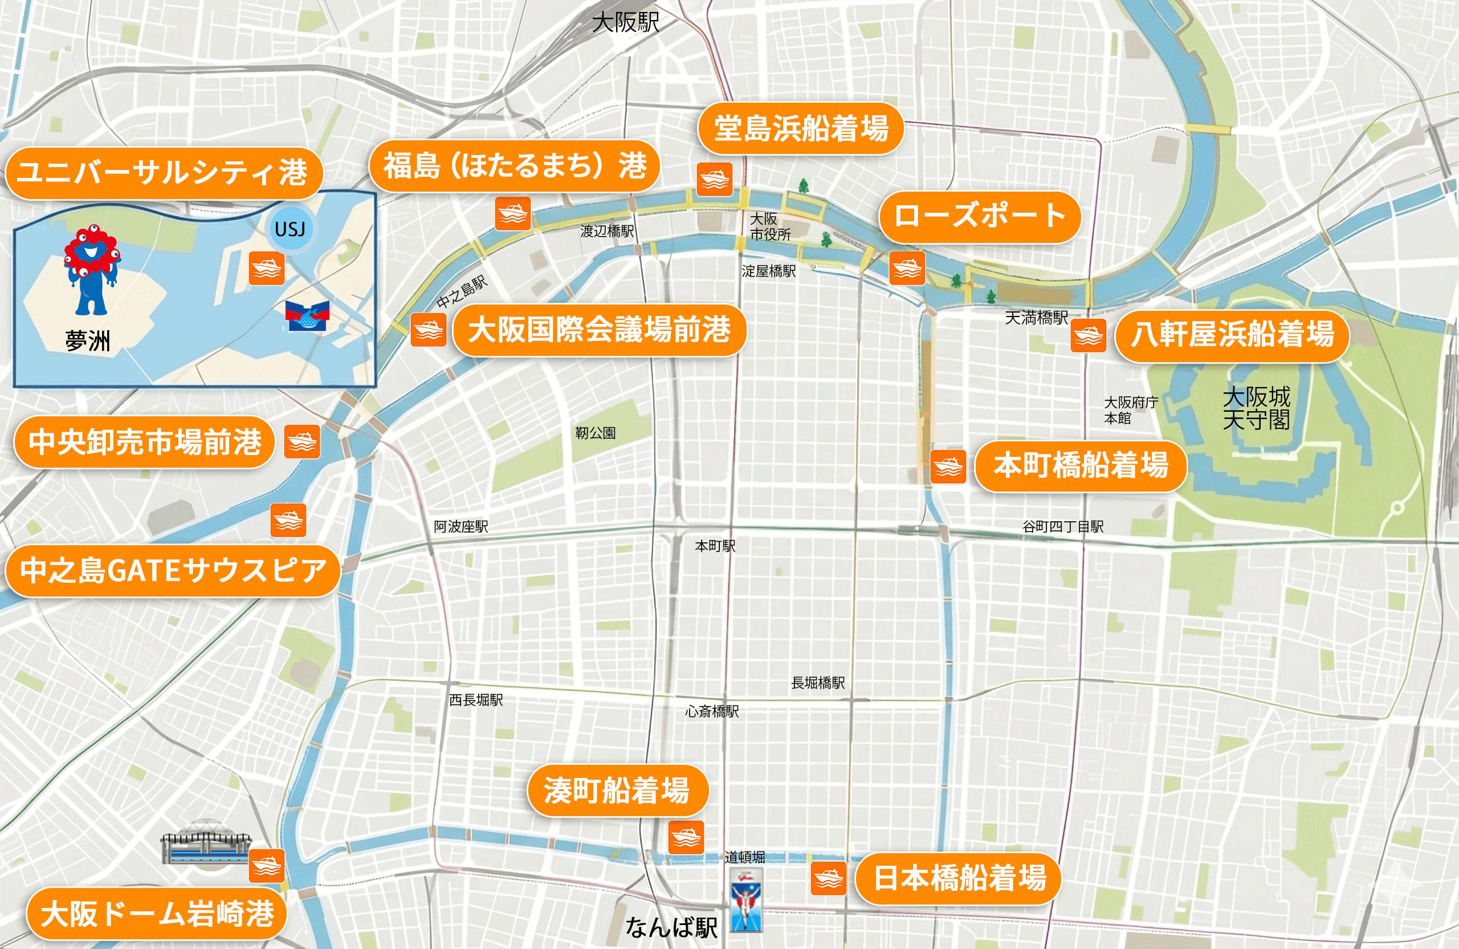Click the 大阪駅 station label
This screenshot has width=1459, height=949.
point(625,23)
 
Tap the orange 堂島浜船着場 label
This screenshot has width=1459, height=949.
point(801,128)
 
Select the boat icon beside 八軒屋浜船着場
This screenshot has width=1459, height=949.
point(1088,335)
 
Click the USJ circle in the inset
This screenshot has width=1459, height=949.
point(290,229)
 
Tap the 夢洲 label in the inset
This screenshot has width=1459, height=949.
point(88,340)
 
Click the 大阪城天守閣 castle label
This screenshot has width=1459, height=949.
point(1256,408)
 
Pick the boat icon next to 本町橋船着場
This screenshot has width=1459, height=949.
point(948,466)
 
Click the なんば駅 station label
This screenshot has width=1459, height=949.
point(671,927)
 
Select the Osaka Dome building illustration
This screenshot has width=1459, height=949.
point(205,843)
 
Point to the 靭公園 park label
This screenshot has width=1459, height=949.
point(595,433)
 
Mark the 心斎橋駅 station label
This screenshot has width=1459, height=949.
point(712,711)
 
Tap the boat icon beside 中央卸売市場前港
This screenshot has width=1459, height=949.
point(302,441)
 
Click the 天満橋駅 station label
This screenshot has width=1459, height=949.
point(1036,317)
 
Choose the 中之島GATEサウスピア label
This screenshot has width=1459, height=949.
point(173,570)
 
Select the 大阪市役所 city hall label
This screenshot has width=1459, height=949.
point(770,226)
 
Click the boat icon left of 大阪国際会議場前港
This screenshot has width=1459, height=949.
point(428,330)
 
